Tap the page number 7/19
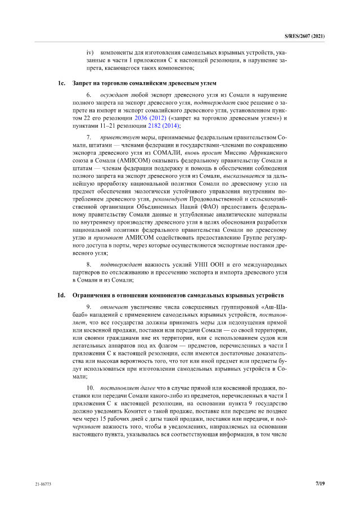(320, 483)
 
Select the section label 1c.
(62, 83)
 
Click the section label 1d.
(62, 295)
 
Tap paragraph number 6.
(89, 96)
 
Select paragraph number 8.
(89, 264)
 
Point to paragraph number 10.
(90, 388)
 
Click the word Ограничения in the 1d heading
(92, 295)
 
